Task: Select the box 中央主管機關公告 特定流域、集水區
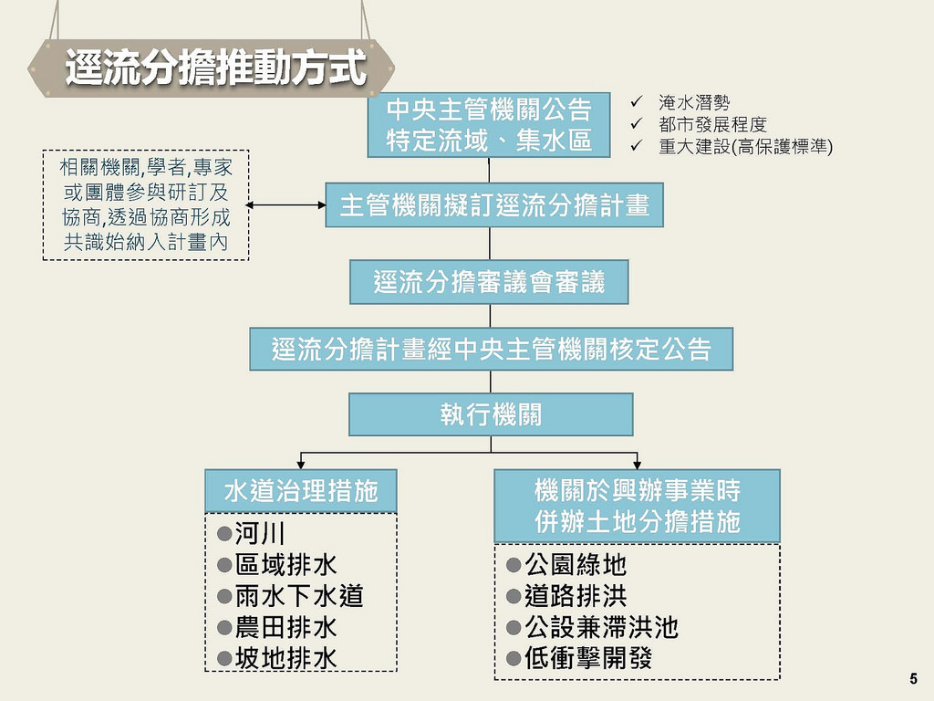click(x=489, y=125)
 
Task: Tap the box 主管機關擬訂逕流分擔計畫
click(x=494, y=205)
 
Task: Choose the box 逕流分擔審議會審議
click(x=489, y=282)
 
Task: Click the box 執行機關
click(x=491, y=414)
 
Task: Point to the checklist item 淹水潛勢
click(x=694, y=104)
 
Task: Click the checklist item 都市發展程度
click(x=712, y=125)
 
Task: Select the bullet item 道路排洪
click(x=576, y=597)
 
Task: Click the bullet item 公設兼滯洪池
click(x=601, y=628)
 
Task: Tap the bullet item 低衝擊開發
click(x=588, y=659)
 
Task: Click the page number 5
click(x=913, y=678)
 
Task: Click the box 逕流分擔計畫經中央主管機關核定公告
click(x=491, y=349)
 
